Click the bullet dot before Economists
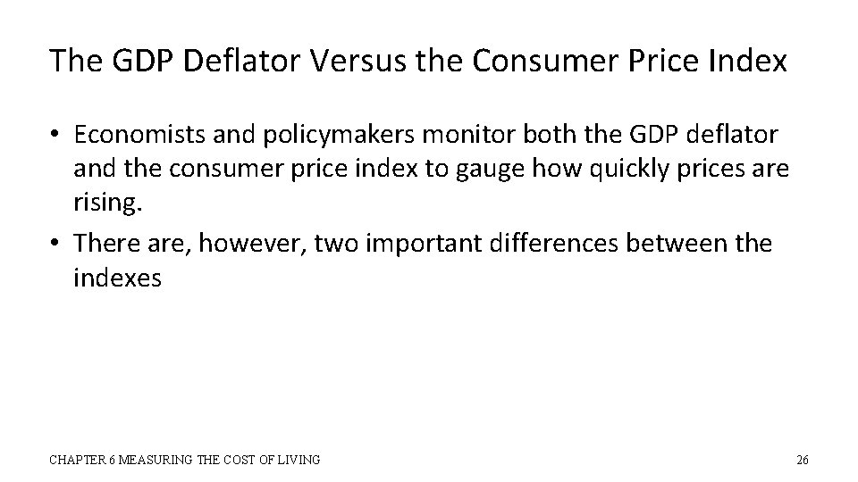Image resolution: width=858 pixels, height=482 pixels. [x=55, y=135]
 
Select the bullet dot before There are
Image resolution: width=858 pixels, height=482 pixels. [x=55, y=244]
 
